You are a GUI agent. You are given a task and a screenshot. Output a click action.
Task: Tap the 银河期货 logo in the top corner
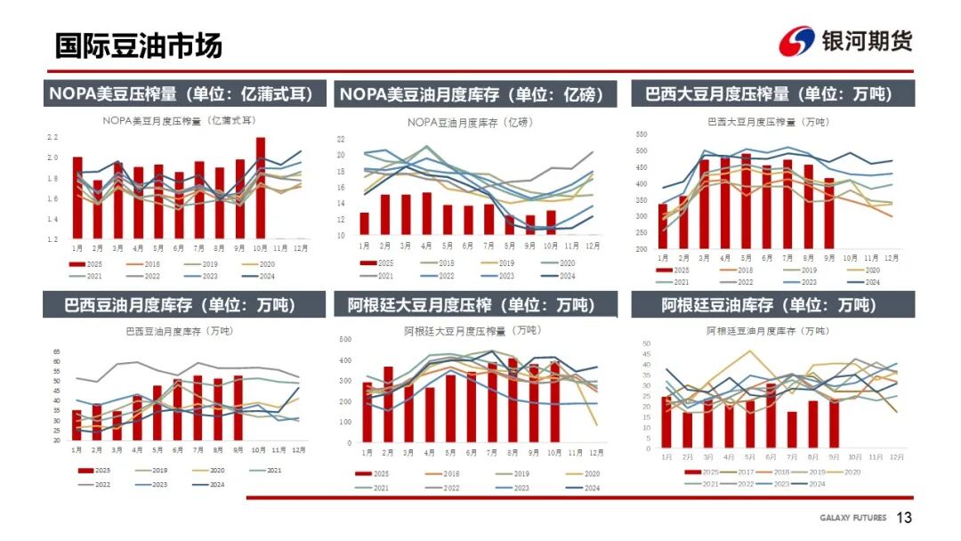(x=844, y=41)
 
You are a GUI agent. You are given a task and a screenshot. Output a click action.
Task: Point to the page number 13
(x=905, y=518)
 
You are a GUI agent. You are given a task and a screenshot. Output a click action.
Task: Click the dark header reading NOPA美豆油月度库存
(x=471, y=94)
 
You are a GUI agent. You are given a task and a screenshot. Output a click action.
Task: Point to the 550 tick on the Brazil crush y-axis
(x=642, y=133)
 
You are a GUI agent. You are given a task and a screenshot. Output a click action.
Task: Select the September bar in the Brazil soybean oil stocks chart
(x=238, y=408)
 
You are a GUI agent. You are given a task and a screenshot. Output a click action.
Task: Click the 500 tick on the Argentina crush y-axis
(x=346, y=339)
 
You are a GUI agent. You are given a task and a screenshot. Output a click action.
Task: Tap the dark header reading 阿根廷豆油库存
(x=769, y=305)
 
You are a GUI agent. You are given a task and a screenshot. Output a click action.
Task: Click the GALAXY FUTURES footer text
(x=852, y=518)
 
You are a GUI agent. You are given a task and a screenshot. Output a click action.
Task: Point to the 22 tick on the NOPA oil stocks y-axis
(x=341, y=139)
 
